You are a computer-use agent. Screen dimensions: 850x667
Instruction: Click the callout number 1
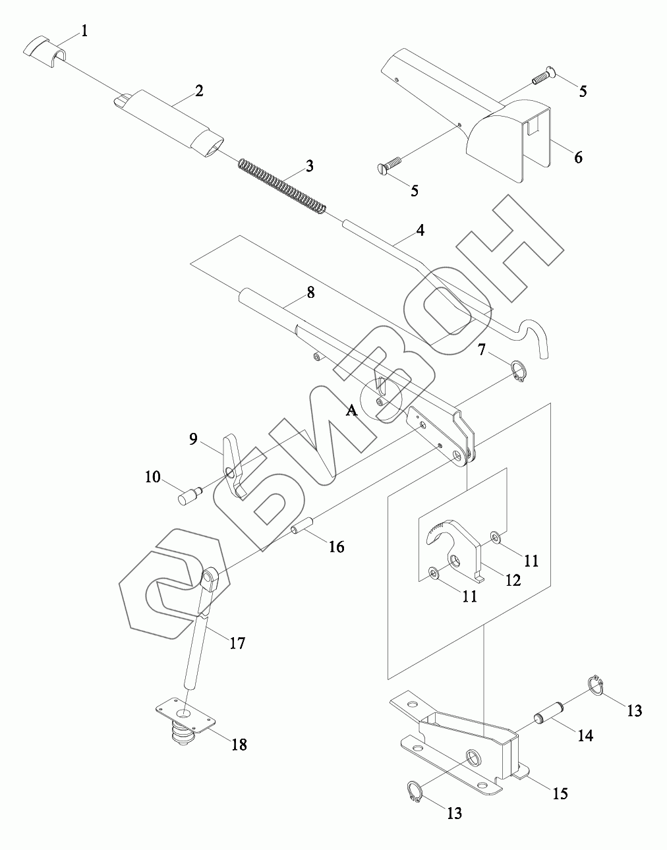click(x=84, y=30)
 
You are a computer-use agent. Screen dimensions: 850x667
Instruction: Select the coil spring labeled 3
click(x=281, y=187)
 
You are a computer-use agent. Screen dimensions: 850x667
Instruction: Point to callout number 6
click(x=578, y=157)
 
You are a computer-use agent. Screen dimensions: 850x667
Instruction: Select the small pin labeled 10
click(x=189, y=495)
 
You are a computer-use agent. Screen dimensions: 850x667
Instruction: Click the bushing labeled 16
click(x=301, y=529)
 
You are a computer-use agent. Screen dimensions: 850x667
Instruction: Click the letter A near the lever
click(x=351, y=411)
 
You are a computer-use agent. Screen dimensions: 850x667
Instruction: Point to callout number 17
click(x=237, y=642)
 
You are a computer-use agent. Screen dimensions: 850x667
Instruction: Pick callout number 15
click(x=560, y=793)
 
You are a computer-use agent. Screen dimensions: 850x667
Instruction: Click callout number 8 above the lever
click(x=310, y=292)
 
